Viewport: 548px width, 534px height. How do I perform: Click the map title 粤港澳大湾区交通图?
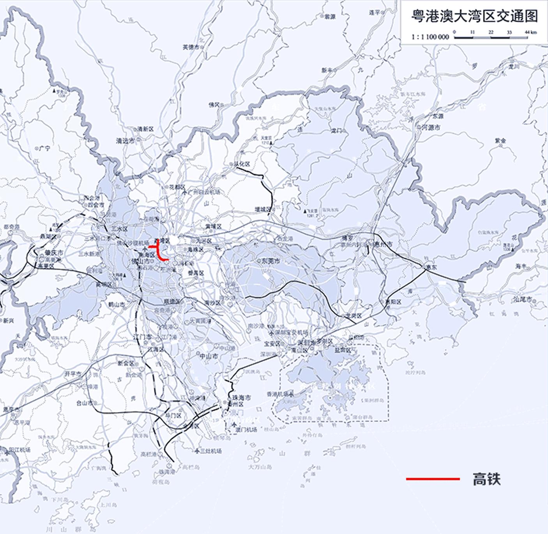pos(474,16)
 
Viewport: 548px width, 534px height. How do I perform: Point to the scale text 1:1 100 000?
pos(430,37)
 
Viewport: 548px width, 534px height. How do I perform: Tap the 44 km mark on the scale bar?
pos(530,32)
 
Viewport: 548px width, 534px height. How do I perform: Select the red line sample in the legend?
pos(433,479)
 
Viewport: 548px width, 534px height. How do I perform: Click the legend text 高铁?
pos(486,479)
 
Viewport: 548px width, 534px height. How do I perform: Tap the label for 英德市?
pos(191,47)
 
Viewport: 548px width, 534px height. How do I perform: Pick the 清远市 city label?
pos(125,141)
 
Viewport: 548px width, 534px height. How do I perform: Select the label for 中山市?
pos(209,356)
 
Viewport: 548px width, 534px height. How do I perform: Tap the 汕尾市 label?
pos(523,299)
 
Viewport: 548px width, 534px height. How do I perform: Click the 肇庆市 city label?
pos(54,253)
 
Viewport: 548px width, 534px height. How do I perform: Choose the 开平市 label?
pos(73,373)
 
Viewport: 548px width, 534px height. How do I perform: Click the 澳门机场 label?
pos(246,430)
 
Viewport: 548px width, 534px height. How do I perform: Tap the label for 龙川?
pos(514,67)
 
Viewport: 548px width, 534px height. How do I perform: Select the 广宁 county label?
pos(45,149)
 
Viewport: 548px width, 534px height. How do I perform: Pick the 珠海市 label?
pos(241,398)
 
